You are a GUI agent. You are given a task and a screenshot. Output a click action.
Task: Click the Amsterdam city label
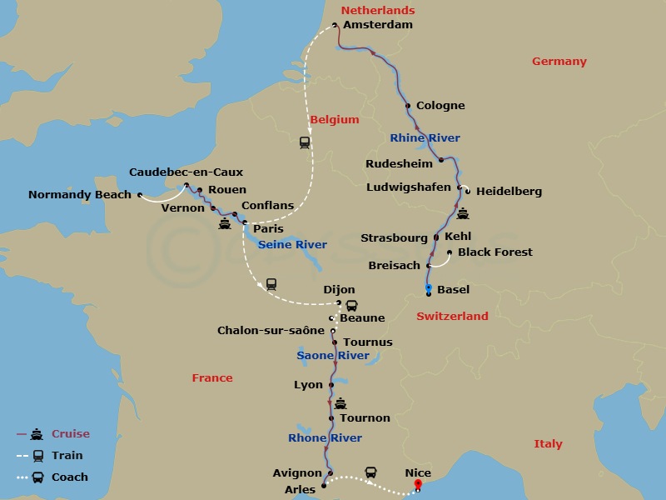(x=377, y=25)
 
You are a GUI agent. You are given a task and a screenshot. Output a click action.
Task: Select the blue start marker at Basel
(x=429, y=288)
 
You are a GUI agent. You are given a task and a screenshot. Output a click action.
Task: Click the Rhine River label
(x=425, y=138)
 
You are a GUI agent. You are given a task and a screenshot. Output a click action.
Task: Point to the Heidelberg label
(x=509, y=192)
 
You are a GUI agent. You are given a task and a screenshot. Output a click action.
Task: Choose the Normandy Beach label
(x=80, y=195)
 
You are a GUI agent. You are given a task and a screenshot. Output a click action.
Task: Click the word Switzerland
(x=452, y=317)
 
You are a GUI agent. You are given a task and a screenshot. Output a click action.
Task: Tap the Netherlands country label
(x=378, y=11)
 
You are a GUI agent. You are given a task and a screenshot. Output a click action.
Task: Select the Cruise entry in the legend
(x=70, y=434)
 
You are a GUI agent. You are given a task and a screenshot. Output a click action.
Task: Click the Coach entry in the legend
(x=70, y=477)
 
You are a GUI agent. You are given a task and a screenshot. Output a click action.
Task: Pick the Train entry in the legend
(x=67, y=456)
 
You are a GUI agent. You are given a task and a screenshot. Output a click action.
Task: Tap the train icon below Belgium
(x=305, y=142)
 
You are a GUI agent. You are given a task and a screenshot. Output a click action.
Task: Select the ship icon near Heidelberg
(x=463, y=213)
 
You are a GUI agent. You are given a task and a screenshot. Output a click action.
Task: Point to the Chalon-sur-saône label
(x=271, y=331)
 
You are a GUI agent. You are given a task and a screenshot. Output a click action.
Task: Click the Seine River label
(x=292, y=245)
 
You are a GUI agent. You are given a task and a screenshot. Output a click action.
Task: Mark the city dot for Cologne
(x=408, y=106)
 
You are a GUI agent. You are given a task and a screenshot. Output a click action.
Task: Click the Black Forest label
(x=495, y=252)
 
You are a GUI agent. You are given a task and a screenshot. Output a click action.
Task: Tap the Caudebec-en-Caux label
(x=186, y=172)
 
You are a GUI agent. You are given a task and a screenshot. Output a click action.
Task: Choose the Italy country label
(x=548, y=444)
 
